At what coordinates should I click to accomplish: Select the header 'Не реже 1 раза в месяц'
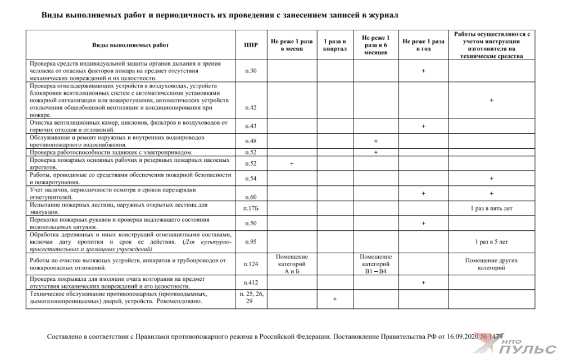(292, 45)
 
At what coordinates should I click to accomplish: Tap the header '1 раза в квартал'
(336, 45)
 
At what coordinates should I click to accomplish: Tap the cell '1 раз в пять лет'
(491, 208)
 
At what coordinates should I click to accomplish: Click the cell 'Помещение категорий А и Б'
(292, 263)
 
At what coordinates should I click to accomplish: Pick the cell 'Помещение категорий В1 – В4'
(375, 263)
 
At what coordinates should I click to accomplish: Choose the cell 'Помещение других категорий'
(491, 264)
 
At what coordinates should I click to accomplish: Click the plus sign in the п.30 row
(423, 71)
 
